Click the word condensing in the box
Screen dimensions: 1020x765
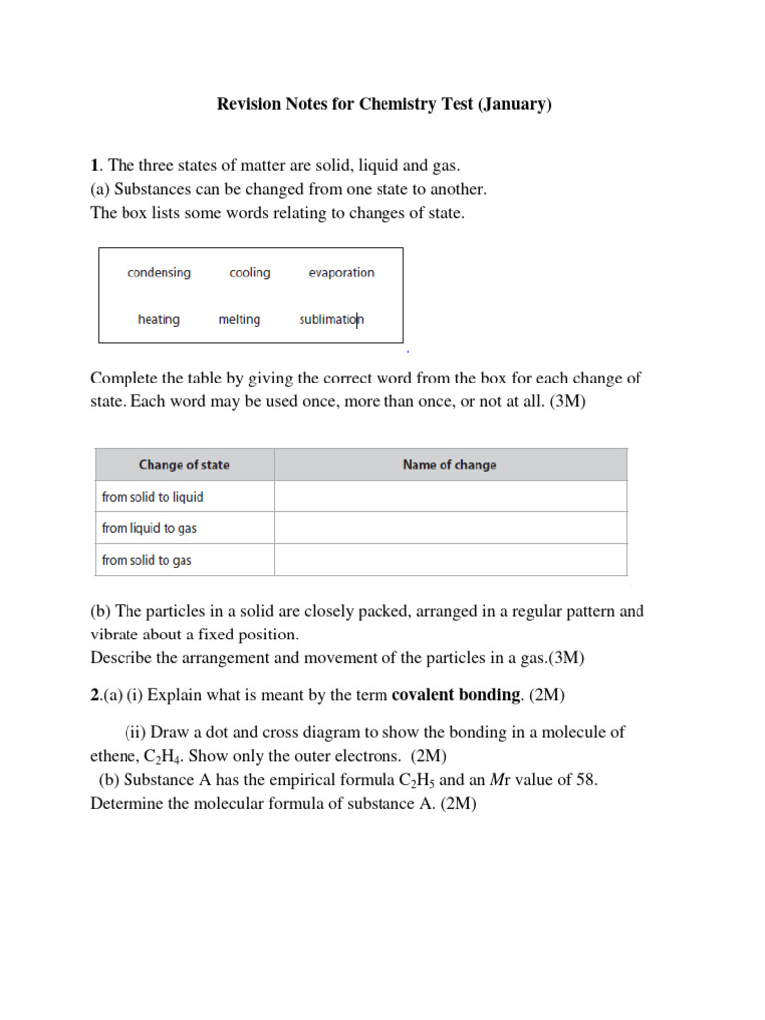(x=159, y=272)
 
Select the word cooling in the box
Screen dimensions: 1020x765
(x=249, y=272)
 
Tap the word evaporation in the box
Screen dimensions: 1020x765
(x=341, y=272)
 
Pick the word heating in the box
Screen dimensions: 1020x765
(x=159, y=319)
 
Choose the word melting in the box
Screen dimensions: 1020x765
(x=239, y=319)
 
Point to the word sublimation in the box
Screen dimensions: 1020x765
(x=331, y=319)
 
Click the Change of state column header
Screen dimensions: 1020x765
(x=184, y=465)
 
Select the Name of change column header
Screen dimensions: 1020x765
(x=449, y=465)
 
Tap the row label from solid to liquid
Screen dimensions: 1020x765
(x=152, y=497)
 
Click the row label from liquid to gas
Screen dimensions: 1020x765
(x=149, y=528)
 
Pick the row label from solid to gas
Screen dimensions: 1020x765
(x=146, y=560)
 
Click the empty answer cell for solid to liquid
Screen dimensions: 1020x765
(x=450, y=497)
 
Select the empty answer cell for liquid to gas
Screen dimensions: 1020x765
(x=450, y=528)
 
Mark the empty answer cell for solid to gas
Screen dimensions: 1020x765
(x=450, y=560)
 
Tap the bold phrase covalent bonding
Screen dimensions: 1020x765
(x=455, y=694)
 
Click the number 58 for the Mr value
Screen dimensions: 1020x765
(x=585, y=780)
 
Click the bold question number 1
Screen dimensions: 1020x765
(x=94, y=165)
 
